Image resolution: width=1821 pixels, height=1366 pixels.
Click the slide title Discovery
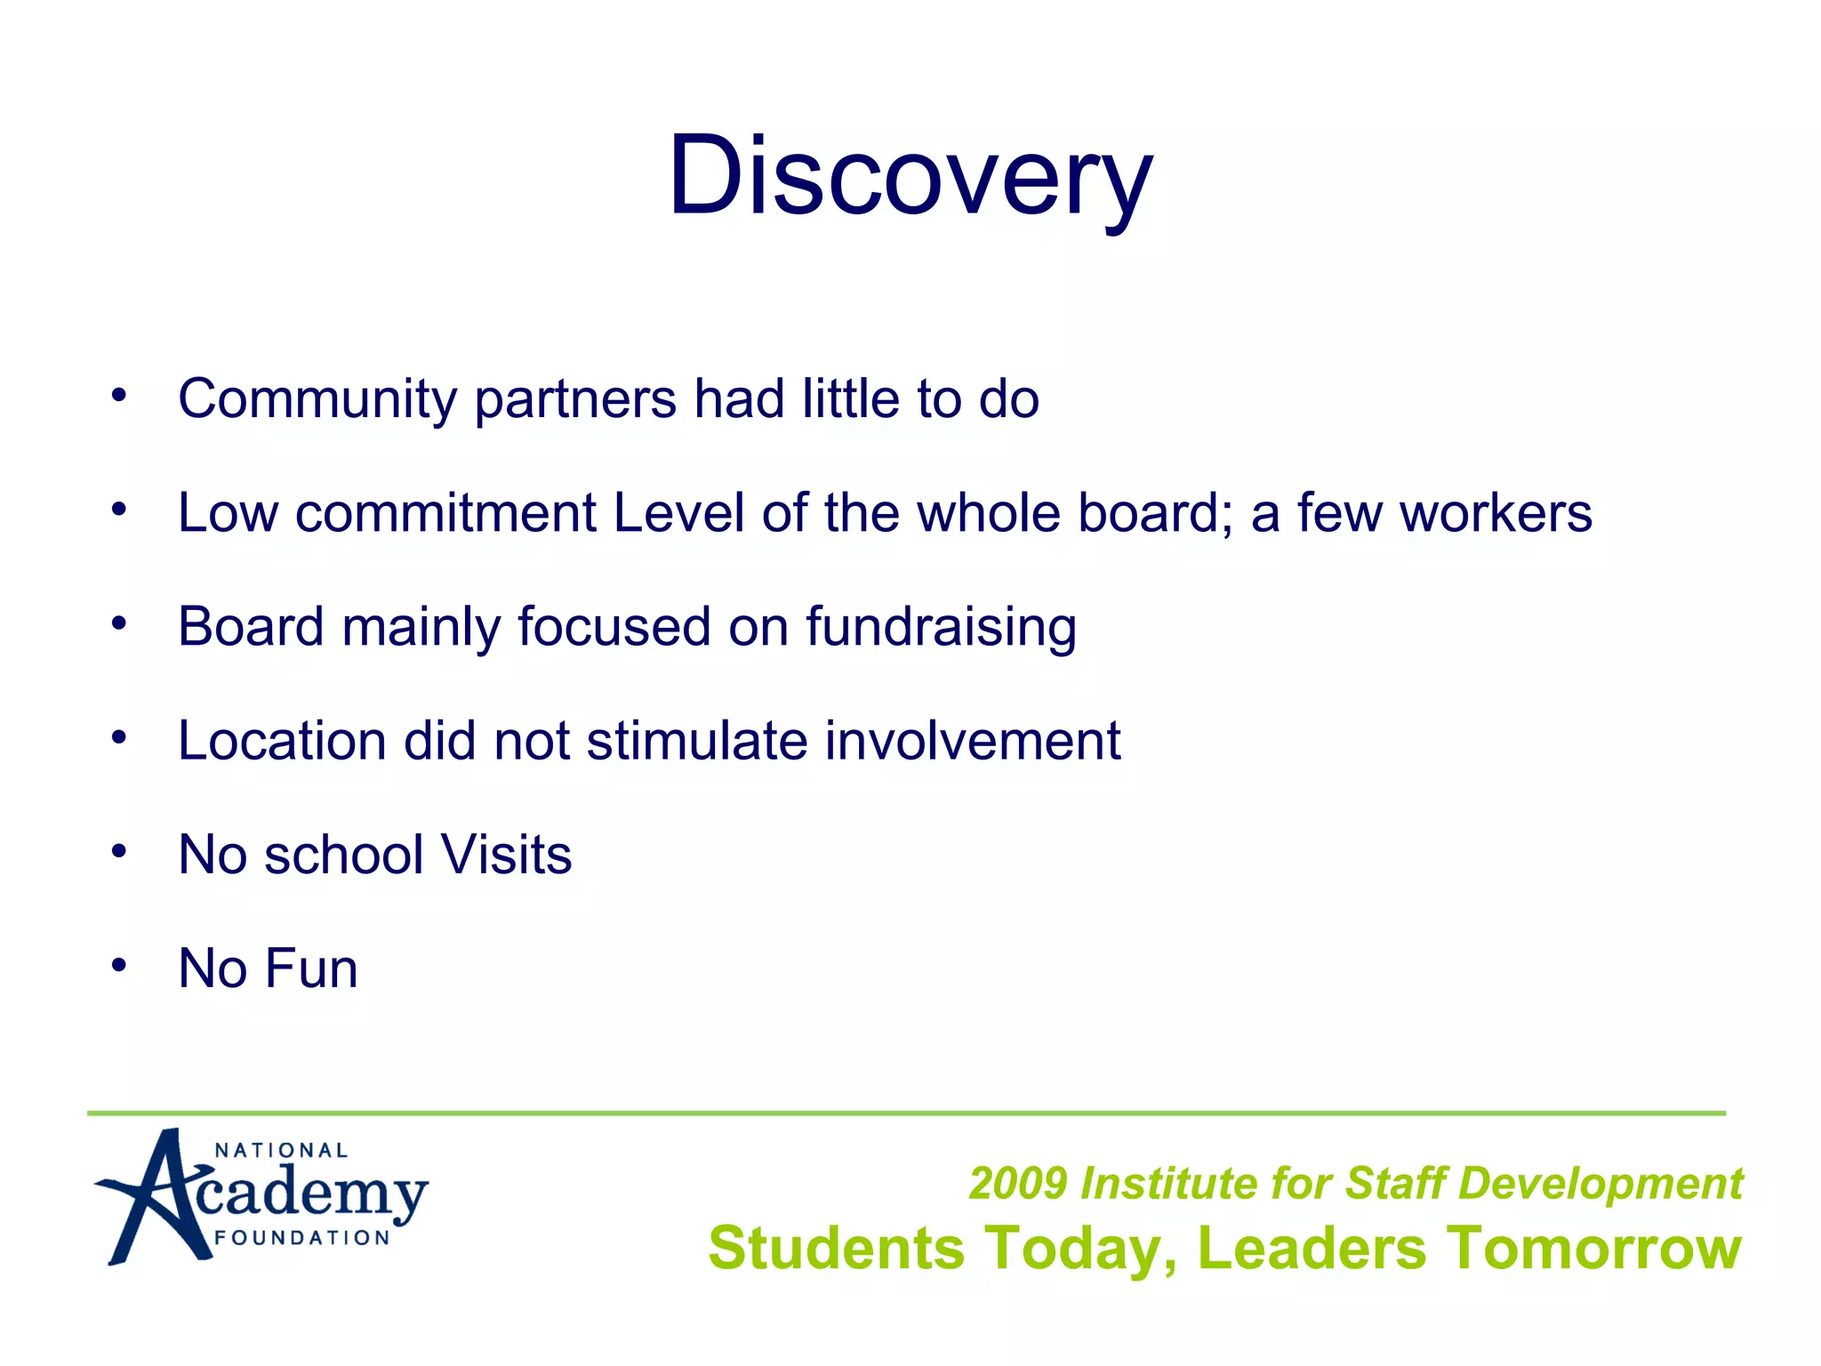tap(910, 175)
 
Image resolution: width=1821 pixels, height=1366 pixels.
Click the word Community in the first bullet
tap(317, 399)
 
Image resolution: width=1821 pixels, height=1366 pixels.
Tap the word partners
tap(575, 399)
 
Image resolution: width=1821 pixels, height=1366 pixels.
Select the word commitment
tap(445, 513)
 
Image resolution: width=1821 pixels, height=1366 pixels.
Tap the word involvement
tap(973, 741)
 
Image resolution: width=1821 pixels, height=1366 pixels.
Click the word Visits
tap(506, 855)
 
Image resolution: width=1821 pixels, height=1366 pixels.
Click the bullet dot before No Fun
tap(119, 965)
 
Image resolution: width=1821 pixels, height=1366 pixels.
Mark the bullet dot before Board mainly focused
tap(119, 623)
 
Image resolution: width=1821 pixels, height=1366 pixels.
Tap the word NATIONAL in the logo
tap(281, 1151)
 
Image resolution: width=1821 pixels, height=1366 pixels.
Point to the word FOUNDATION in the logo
tap(302, 1238)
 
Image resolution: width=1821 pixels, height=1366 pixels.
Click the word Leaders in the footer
tap(1312, 1248)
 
